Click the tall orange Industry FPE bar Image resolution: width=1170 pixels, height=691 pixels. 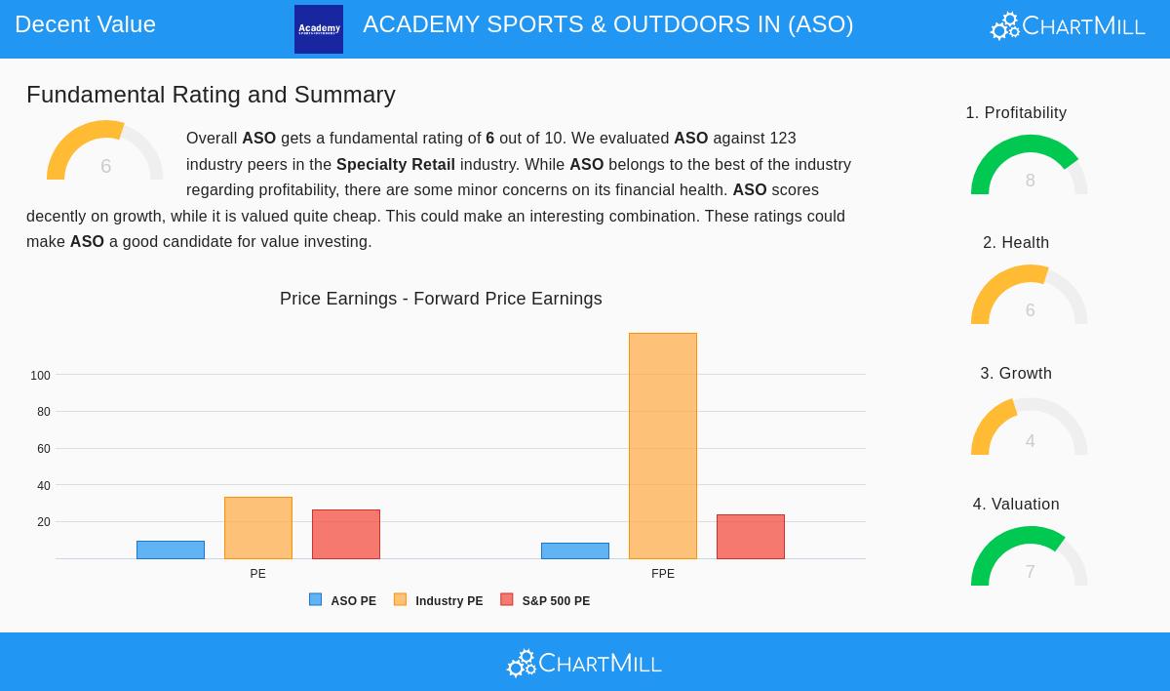pos(663,446)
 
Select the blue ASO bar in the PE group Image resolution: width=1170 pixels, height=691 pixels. pos(171,550)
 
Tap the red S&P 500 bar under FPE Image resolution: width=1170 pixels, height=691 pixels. pos(751,537)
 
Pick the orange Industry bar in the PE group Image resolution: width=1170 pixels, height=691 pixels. pos(258,528)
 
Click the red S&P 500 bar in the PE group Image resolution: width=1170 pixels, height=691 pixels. pos(346,535)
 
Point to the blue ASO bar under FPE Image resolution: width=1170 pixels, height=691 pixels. pos(575,551)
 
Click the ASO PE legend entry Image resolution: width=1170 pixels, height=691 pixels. pos(343,601)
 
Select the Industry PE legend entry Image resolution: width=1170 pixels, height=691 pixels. pos(439,601)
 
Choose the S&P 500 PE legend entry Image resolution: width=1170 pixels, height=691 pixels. pos(545,601)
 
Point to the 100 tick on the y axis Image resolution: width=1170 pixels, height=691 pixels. pos(40,376)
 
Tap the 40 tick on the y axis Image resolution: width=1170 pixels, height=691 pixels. pos(44,486)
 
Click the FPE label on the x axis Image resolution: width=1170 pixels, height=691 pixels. pos(663,574)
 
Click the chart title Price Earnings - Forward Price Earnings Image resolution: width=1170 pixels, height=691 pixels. pos(441,299)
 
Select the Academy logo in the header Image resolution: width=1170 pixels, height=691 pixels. pos(319,29)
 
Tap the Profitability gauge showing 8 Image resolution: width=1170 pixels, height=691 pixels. pos(1030,167)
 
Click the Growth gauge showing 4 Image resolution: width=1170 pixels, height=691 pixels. pos(1030,428)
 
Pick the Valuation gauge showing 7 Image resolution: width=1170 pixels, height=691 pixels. pos(1030,558)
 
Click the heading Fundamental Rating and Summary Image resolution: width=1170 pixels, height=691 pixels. pos(211,95)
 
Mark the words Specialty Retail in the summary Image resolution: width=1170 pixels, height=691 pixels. pos(396,165)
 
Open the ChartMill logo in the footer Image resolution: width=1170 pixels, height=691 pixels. pos(584,664)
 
